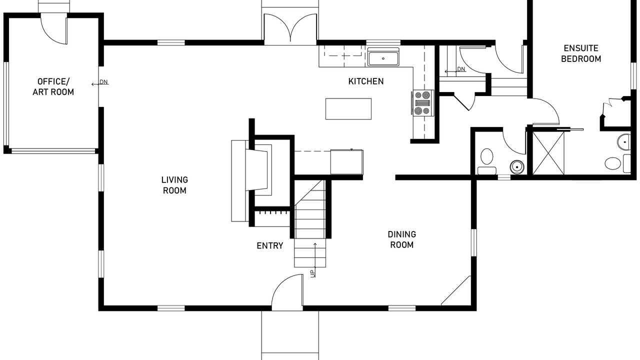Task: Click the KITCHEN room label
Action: pyautogui.click(x=366, y=81)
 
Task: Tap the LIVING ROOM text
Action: pyautogui.click(x=174, y=185)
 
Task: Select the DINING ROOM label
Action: pyautogui.click(x=402, y=239)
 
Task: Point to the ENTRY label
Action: pyautogui.click(x=270, y=245)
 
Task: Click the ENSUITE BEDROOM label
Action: pyautogui.click(x=580, y=53)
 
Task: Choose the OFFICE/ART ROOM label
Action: pyautogui.click(x=53, y=86)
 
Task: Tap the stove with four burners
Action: pyautogui.click(x=423, y=102)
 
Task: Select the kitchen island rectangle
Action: pyautogui.click(x=348, y=108)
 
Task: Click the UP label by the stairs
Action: pyautogui.click(x=313, y=273)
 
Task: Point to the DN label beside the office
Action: pyautogui.click(x=103, y=82)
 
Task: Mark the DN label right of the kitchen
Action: pyautogui.click(x=460, y=69)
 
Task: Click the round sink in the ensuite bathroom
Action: pyautogui.click(x=624, y=142)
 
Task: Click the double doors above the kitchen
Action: pyautogui.click(x=290, y=28)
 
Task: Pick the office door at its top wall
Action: pyautogui.click(x=54, y=29)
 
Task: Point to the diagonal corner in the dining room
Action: pyautogui.click(x=456, y=290)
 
